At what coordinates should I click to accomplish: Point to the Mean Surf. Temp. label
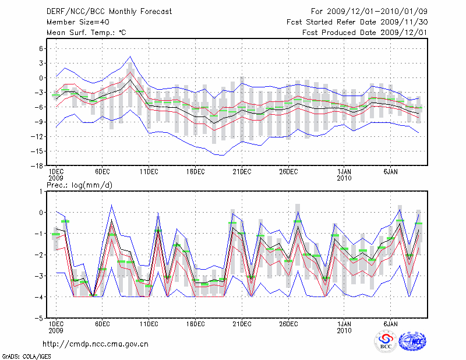point(86,33)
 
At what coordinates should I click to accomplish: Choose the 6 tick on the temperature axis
point(42,48)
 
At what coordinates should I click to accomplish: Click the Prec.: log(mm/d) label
point(79,185)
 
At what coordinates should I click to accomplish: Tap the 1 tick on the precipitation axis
point(42,191)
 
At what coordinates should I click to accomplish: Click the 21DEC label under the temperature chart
point(242,172)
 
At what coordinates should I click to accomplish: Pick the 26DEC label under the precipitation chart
point(288,324)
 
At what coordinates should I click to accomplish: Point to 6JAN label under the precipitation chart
point(391,324)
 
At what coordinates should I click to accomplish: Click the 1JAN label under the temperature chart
point(344,172)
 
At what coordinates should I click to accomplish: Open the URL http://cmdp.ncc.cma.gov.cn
point(96,344)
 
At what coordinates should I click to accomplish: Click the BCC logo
point(386,342)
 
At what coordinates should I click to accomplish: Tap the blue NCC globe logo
point(412,343)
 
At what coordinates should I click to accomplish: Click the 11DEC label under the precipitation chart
point(149,324)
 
